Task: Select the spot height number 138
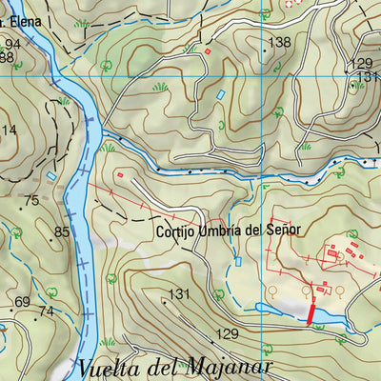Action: point(279,42)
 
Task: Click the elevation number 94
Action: point(12,45)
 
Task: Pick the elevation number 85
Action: point(63,231)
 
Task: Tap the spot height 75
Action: point(31,200)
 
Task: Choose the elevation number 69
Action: point(23,303)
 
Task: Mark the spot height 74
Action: point(46,311)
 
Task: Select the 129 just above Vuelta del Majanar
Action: point(226,333)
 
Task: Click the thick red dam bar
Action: point(310,310)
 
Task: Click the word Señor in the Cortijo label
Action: point(284,230)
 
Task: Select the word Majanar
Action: point(226,368)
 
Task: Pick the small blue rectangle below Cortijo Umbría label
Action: point(239,260)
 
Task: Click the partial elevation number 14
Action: point(10,130)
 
